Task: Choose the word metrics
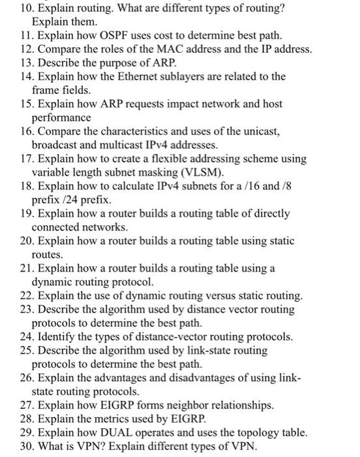tap(106, 418)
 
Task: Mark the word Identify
tap(57, 337)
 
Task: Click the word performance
tap(62, 118)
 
